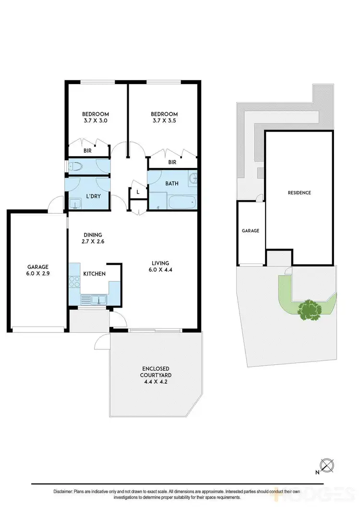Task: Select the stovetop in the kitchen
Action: [74, 282]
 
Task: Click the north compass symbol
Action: [328, 465]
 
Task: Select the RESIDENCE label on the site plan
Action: [299, 193]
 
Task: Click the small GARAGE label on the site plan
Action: [250, 230]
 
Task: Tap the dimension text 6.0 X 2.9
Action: [37, 274]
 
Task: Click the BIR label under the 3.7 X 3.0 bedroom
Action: [88, 151]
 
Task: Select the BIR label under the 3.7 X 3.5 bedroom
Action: [172, 162]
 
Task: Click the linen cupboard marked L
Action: [138, 192]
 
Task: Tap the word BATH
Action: [172, 183]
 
